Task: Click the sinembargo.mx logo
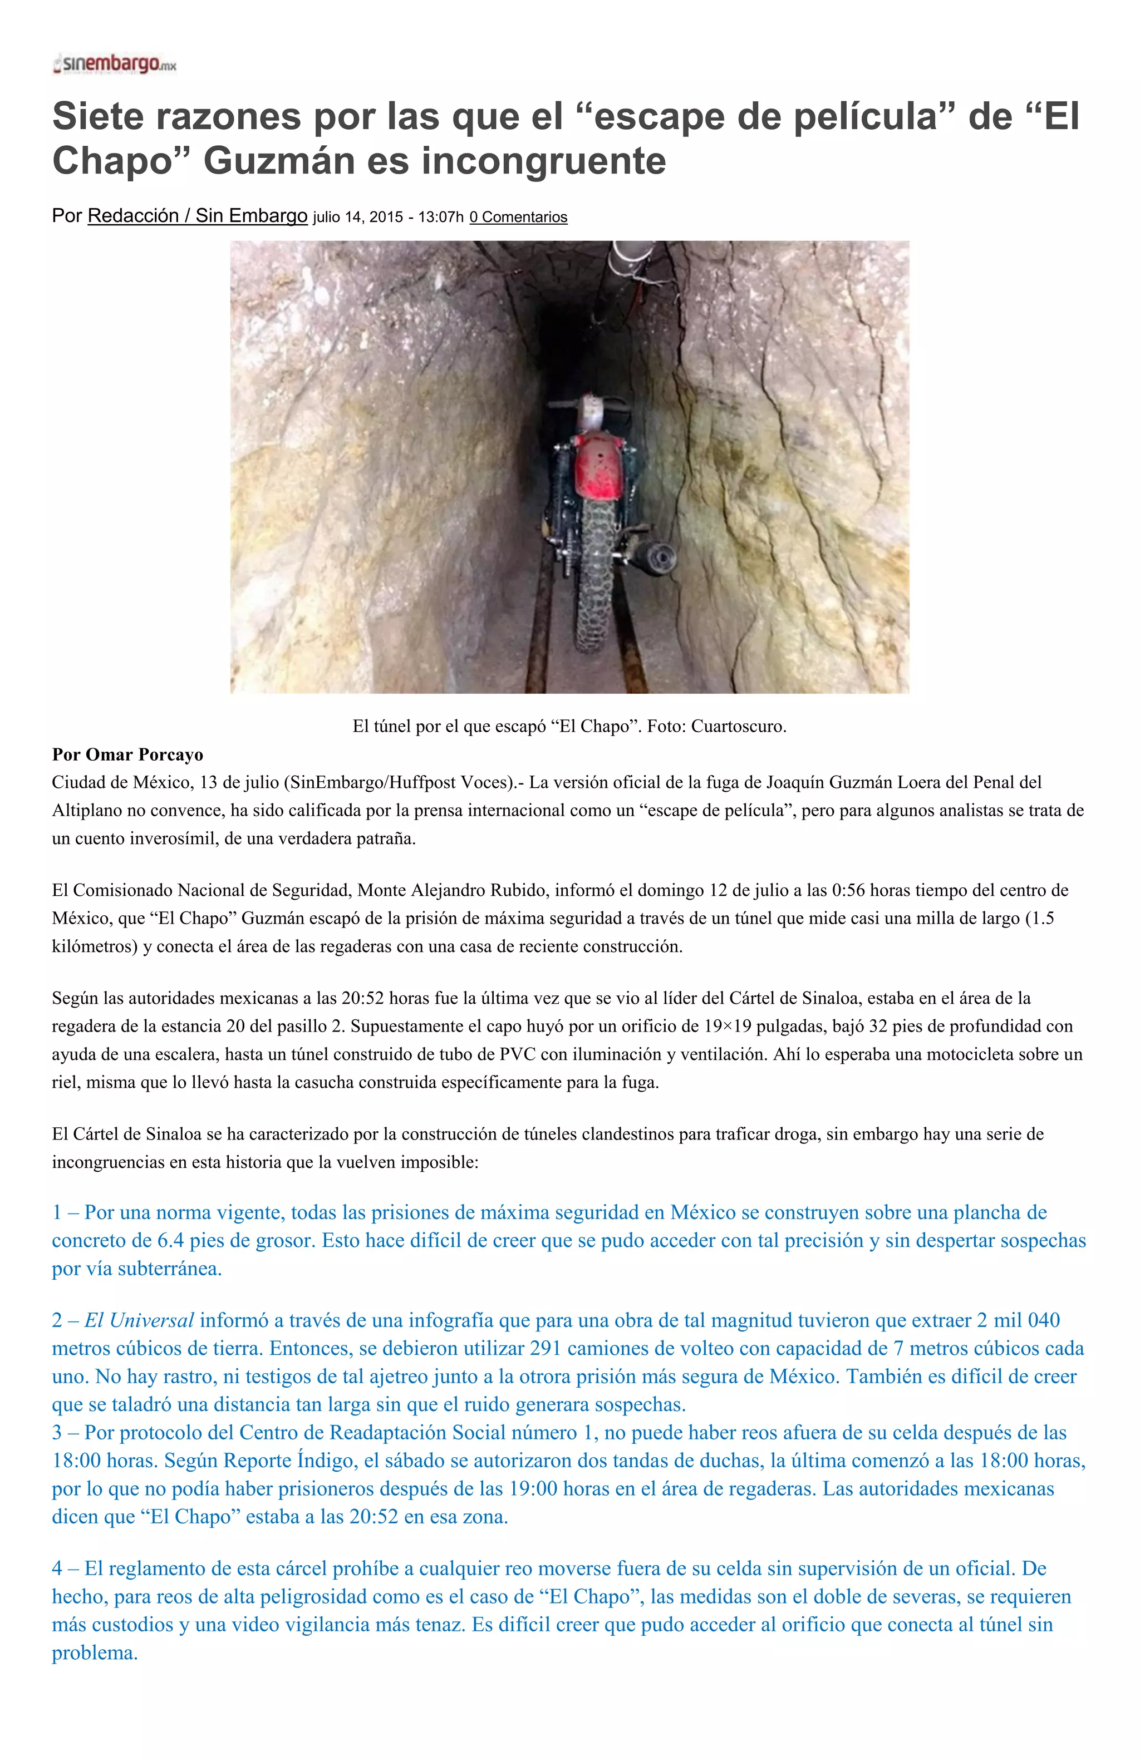click(x=115, y=65)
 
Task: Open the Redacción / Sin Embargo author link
click(x=197, y=216)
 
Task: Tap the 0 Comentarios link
click(x=518, y=218)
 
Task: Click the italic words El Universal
click(x=139, y=1321)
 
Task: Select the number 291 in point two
click(x=546, y=1349)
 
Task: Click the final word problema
click(x=95, y=1653)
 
